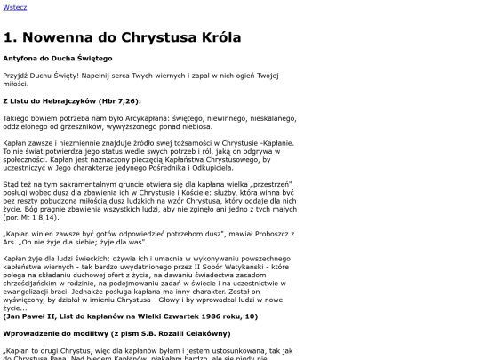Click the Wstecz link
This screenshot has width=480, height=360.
[x=15, y=8]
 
